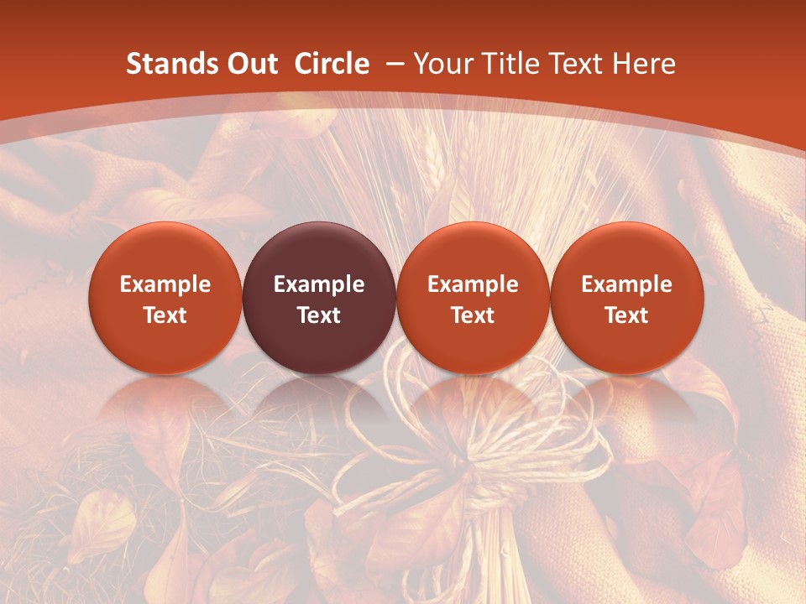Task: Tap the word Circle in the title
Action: pos(332,64)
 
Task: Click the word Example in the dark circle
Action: pos(319,284)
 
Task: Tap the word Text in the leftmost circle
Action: pos(165,315)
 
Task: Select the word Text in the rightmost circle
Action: pos(626,315)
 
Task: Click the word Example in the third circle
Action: pos(473,284)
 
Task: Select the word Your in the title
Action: pos(443,64)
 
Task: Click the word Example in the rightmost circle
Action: pos(626,284)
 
